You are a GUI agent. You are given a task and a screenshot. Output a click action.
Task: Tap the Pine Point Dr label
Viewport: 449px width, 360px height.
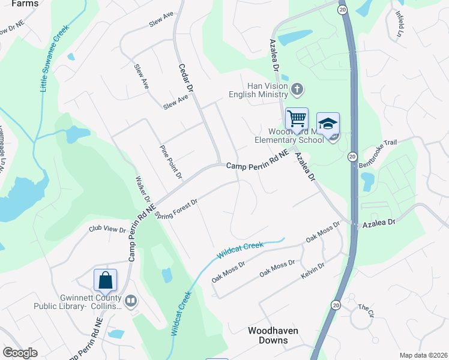pyautogui.click(x=170, y=161)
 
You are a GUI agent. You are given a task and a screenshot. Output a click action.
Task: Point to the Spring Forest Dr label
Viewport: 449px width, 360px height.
pyautogui.click(x=176, y=206)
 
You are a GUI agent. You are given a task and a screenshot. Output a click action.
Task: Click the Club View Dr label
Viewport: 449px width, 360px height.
pyautogui.click(x=107, y=229)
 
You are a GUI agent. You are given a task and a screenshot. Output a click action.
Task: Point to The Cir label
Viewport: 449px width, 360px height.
pyautogui.click(x=366, y=309)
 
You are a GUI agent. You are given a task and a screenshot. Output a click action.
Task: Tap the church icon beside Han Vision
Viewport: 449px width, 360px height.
pyautogui.click(x=297, y=90)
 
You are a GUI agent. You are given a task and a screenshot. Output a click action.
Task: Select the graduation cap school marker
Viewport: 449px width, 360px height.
pyautogui.click(x=328, y=124)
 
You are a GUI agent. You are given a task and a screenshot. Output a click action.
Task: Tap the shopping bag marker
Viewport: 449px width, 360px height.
pyautogui.click(x=105, y=280)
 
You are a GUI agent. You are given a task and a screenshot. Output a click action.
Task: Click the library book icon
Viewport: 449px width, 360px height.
pyautogui.click(x=130, y=301)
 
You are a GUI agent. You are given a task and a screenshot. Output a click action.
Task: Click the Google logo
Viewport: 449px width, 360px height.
pyautogui.click(x=20, y=353)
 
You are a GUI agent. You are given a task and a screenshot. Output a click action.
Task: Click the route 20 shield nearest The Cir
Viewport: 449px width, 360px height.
pyautogui.click(x=334, y=304)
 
